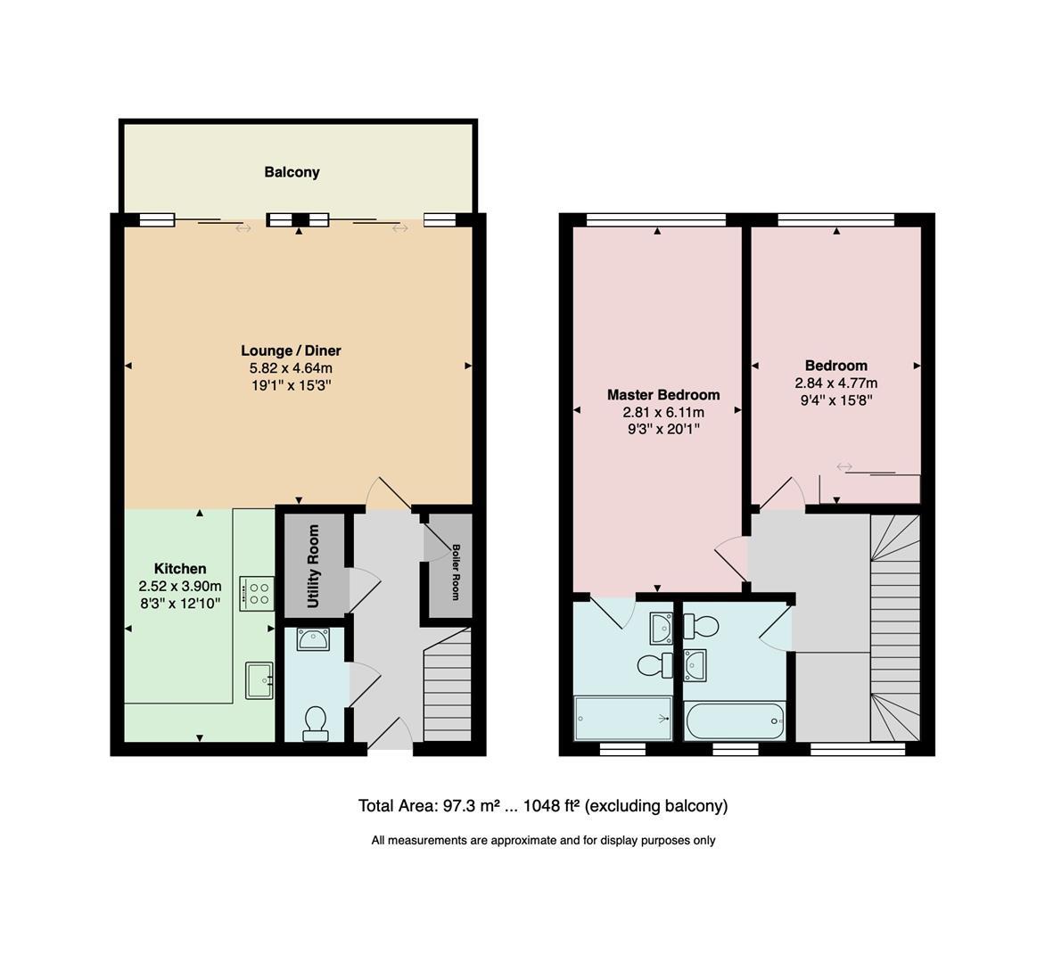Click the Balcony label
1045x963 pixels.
coord(292,172)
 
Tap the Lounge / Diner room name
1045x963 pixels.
coord(291,350)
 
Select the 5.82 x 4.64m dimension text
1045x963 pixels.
coord(291,368)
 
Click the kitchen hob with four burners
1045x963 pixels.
coord(256,593)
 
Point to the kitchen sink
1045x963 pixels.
coord(259,681)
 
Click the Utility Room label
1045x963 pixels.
coord(313,566)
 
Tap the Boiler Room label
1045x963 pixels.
coord(455,572)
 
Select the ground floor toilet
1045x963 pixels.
coord(316,723)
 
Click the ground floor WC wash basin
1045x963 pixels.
coord(313,639)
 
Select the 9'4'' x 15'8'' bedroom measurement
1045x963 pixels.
coord(836,400)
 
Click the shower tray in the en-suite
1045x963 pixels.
coord(623,718)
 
